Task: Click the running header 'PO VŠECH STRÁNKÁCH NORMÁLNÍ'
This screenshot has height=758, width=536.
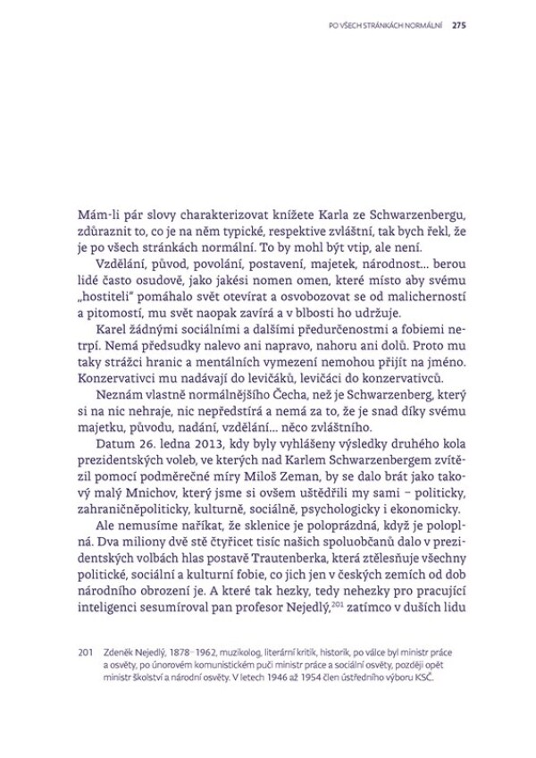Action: pos(386,24)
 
